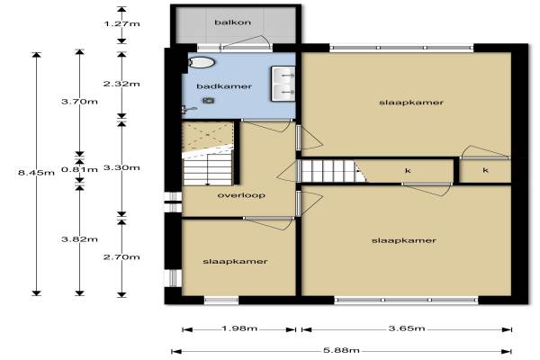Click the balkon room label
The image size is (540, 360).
click(232, 22)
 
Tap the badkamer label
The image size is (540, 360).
click(224, 86)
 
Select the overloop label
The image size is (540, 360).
click(241, 195)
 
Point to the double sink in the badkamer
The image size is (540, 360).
click(283, 84)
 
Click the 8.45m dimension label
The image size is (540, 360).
click(36, 172)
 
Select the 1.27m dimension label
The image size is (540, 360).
click(121, 23)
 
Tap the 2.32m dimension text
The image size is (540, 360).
click(121, 84)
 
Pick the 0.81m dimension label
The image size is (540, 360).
click(79, 169)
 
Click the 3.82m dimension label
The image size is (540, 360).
click(79, 239)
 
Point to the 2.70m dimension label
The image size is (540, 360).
click(121, 257)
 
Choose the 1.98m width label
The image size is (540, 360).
click(239, 328)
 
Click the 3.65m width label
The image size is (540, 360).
click(407, 328)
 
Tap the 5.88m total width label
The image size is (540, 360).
click(341, 351)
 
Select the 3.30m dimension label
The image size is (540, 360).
click(121, 167)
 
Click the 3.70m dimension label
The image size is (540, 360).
click(79, 102)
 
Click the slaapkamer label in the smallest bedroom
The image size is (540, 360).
click(235, 262)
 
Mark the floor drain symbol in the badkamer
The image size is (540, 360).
click(208, 100)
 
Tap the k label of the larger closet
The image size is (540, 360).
click(408, 170)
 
